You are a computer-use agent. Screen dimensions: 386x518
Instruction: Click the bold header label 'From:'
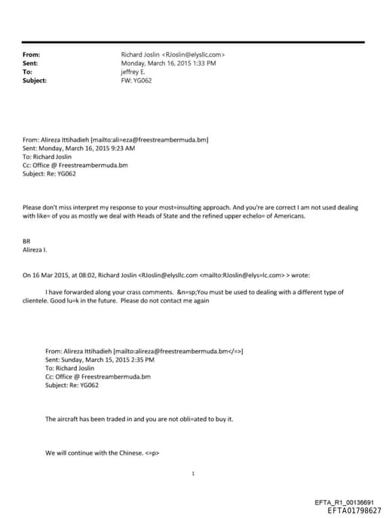point(32,55)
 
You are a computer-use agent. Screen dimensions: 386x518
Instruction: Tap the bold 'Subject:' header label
point(35,80)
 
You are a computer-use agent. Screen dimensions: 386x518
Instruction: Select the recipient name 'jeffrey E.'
point(135,72)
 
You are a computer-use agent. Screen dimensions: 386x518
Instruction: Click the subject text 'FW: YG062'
point(136,80)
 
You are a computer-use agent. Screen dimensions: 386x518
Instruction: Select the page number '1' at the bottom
point(194,473)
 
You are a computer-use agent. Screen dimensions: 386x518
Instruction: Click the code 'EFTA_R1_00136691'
point(348,502)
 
